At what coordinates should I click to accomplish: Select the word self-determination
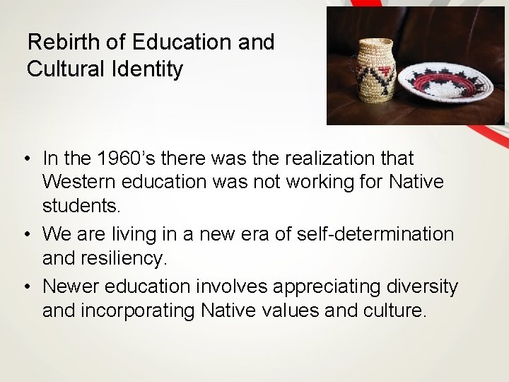tap(370, 231)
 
